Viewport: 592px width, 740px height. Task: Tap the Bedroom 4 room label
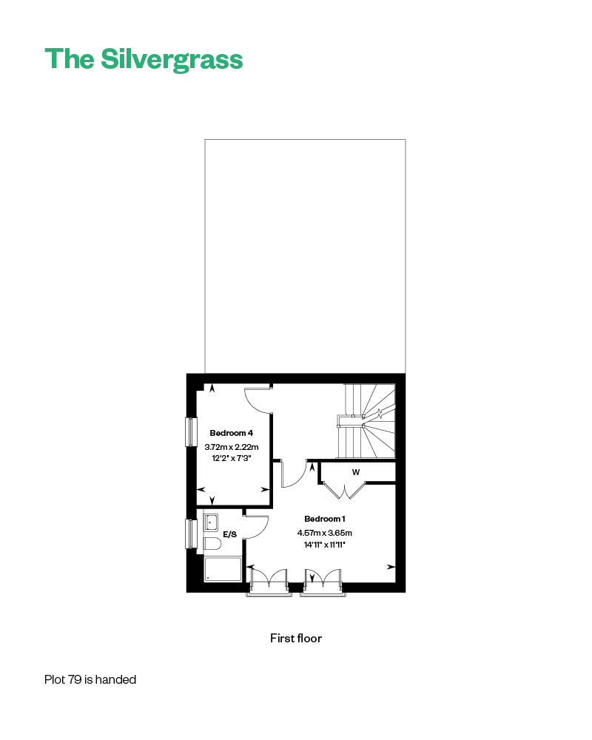pos(232,433)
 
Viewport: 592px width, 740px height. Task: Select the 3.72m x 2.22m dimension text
pos(232,447)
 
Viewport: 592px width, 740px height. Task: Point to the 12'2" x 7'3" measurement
pos(232,459)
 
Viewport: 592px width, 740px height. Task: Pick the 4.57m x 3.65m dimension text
pos(324,533)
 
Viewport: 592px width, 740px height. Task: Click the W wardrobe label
pos(356,472)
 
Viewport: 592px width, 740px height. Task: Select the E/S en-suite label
pos(229,533)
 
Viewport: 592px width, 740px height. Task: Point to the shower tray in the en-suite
pos(223,568)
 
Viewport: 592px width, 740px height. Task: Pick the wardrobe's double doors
pos(343,489)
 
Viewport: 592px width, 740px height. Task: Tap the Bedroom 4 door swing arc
pos(258,400)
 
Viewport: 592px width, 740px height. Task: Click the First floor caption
pos(296,638)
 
